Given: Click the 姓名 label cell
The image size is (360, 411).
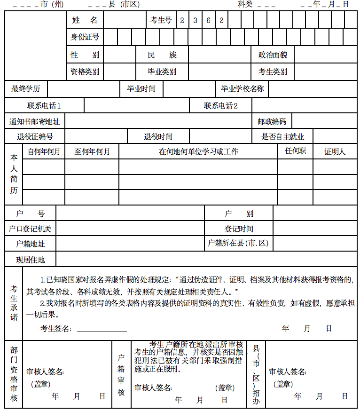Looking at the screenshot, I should [85, 20].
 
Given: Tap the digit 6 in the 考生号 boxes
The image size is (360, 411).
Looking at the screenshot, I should [208, 20].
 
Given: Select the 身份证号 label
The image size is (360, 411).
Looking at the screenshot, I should [85, 37].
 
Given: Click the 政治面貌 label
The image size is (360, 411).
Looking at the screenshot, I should [273, 55].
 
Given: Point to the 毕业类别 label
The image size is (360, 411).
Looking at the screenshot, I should [162, 72].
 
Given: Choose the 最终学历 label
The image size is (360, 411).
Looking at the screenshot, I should [26, 88].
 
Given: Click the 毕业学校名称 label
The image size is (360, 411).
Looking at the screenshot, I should [243, 88].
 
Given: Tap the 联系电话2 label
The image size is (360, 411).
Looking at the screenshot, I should [221, 106].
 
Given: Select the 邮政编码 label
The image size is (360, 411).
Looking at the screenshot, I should [272, 121].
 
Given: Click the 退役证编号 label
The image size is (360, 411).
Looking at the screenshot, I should [35, 137].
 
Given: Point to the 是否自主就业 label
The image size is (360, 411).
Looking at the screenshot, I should [283, 137].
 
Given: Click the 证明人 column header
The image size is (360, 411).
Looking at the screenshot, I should [335, 151].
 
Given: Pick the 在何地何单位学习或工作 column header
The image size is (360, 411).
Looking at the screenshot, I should [198, 151].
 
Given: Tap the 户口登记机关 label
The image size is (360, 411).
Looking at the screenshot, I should [30, 229].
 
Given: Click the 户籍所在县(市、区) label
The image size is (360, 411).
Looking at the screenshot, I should [238, 243].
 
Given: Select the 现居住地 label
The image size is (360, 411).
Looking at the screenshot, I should [31, 259].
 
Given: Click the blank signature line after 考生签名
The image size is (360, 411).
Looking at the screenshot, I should [102, 329].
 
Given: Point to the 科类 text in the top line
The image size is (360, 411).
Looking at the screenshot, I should [245, 4].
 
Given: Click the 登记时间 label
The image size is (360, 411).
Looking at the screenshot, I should [239, 229].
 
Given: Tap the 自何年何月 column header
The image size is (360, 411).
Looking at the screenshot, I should [44, 151].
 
